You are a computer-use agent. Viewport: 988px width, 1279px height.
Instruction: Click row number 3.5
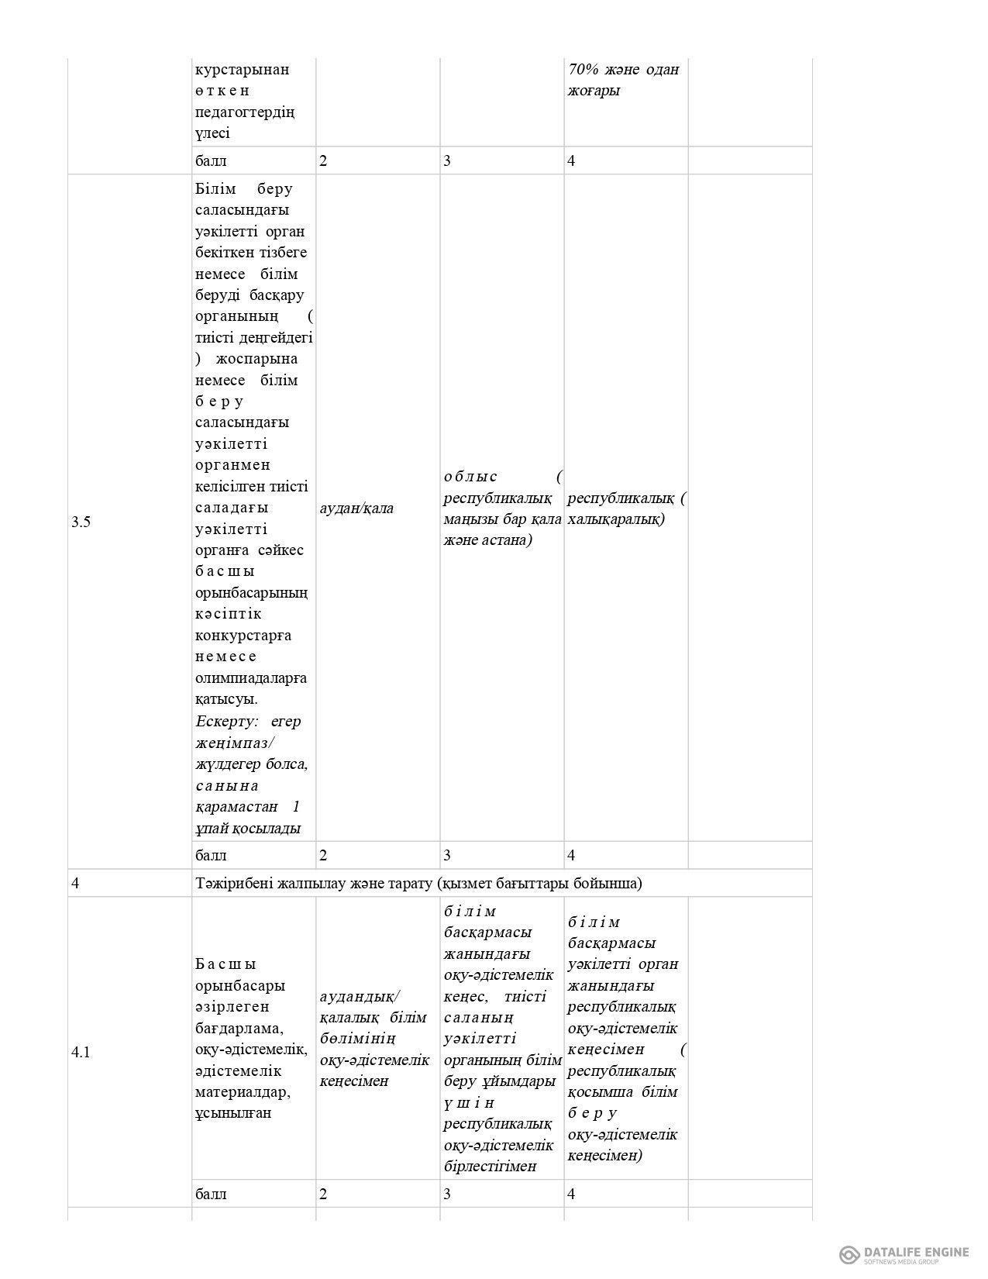(81, 522)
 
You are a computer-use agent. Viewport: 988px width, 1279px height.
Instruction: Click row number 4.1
(81, 1052)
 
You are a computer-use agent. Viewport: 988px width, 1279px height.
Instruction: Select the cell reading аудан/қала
(356, 508)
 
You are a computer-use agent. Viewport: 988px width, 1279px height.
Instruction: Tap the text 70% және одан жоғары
(624, 80)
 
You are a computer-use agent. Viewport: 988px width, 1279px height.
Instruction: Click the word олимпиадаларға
(251, 678)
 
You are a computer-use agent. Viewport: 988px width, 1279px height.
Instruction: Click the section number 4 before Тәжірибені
(74, 883)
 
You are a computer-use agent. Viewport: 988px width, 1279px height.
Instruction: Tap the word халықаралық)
(617, 519)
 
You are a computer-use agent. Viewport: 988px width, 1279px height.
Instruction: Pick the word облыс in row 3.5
(471, 476)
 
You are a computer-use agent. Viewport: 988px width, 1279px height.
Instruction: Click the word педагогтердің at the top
(245, 112)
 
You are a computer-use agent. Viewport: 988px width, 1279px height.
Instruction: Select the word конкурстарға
(244, 636)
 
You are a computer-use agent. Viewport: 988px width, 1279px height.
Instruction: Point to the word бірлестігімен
(492, 1166)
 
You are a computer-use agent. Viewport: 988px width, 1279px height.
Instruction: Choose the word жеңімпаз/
(232, 743)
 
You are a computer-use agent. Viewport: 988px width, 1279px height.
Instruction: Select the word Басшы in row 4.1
(225, 964)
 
